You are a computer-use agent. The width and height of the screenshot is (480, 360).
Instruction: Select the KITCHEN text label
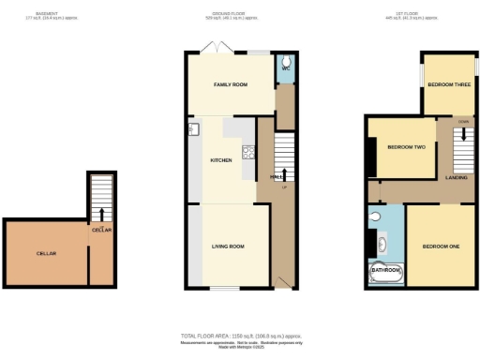[x=221, y=160]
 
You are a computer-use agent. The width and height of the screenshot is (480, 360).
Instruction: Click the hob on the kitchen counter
[x=248, y=152]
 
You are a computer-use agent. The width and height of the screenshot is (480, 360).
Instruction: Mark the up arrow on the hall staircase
[x=285, y=171]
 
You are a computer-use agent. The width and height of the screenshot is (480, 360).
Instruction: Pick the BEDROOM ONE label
[x=440, y=247]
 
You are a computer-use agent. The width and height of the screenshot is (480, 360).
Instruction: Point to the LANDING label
[x=457, y=176]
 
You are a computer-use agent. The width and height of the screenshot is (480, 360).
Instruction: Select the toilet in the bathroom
[x=374, y=217]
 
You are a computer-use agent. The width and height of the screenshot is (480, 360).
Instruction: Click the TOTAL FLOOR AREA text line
[x=239, y=336]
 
